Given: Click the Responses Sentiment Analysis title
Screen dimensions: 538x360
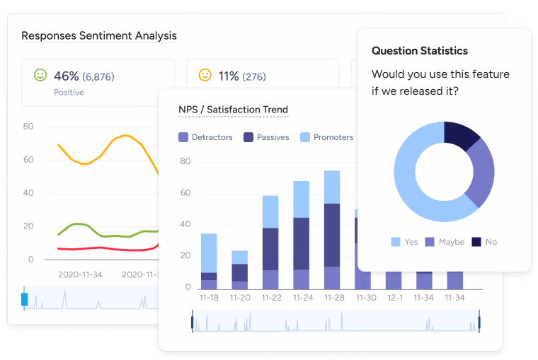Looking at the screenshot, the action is click(x=99, y=35).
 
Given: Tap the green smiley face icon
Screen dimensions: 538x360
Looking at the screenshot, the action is click(x=40, y=75).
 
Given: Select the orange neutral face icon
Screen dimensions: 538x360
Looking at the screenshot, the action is click(x=205, y=75).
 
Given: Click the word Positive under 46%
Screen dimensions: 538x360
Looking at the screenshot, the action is click(x=69, y=92).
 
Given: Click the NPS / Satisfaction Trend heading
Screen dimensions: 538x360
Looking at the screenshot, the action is click(x=234, y=110).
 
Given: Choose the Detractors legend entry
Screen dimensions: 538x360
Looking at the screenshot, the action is click(x=205, y=137).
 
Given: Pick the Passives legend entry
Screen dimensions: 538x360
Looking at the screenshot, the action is click(x=266, y=137).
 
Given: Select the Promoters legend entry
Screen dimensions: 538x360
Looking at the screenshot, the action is click(x=326, y=137).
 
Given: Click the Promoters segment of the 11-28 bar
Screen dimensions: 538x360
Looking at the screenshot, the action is click(x=332, y=187).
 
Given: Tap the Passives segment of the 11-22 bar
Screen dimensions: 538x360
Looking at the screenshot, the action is click(x=270, y=249).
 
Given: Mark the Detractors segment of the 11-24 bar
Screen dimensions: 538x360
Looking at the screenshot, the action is click(x=302, y=279).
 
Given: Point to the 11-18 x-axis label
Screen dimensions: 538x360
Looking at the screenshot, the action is click(x=209, y=298).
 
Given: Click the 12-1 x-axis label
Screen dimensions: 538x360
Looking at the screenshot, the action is click(x=395, y=298).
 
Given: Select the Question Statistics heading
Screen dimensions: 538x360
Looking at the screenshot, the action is click(x=420, y=51).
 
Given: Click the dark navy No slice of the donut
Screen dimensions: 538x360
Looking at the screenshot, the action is click(x=461, y=134).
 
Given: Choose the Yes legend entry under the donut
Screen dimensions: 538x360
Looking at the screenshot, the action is click(x=404, y=242).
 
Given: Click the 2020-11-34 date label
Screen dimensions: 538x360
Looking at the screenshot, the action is click(x=80, y=274).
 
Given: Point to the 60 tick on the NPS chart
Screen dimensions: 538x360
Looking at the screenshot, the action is click(x=185, y=192).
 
